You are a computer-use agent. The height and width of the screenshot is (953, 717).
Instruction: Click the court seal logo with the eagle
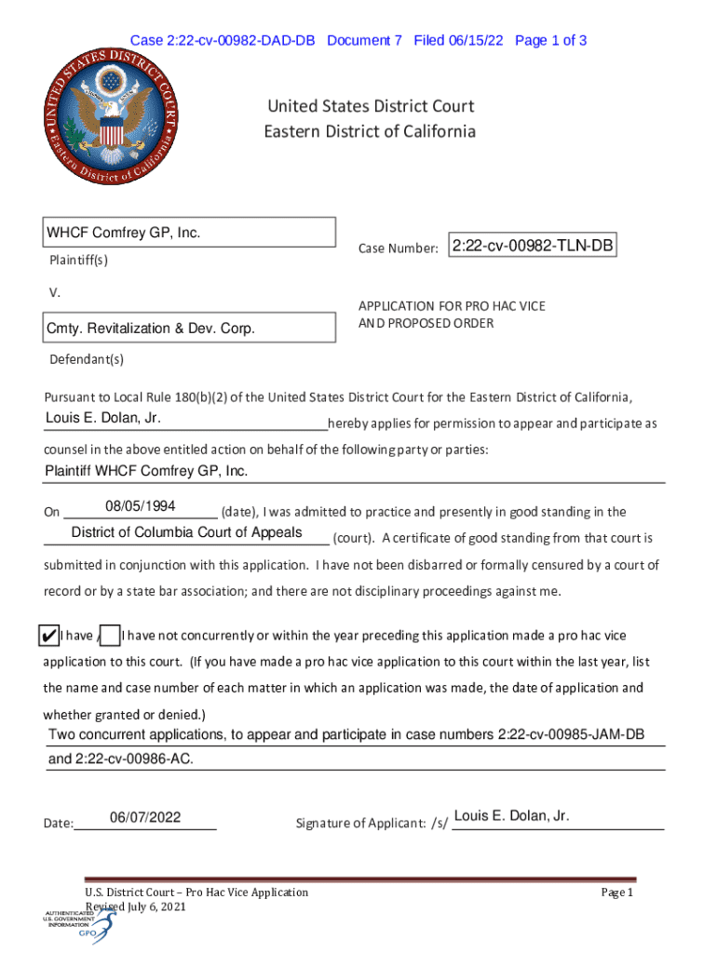[111, 114]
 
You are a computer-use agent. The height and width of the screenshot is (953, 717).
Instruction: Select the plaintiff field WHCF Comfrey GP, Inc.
[189, 233]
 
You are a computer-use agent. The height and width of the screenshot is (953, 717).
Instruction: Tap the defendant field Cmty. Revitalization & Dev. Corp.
[189, 329]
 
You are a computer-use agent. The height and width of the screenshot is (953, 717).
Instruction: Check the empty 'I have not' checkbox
[110, 636]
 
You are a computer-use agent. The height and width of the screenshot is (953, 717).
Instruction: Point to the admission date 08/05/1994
[141, 506]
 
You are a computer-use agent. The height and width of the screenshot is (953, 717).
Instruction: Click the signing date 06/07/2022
[144, 818]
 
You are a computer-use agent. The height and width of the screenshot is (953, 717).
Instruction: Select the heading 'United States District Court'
[370, 106]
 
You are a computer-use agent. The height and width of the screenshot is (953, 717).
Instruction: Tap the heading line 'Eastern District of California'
[370, 131]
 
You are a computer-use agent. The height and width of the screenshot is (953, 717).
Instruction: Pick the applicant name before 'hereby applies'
[103, 418]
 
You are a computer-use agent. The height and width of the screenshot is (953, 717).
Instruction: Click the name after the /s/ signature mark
[511, 816]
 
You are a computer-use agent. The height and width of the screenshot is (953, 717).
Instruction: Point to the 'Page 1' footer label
[616, 893]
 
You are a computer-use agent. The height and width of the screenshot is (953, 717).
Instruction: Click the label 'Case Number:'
[398, 248]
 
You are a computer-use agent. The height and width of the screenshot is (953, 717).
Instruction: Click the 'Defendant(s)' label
[85, 359]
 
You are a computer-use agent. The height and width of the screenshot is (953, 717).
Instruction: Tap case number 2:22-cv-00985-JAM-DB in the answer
[571, 735]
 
